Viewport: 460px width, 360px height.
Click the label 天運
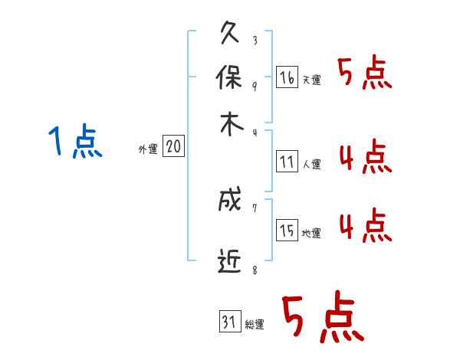[x=311, y=80]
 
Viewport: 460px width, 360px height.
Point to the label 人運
[x=311, y=164]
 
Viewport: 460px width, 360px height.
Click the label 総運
[x=254, y=325]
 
